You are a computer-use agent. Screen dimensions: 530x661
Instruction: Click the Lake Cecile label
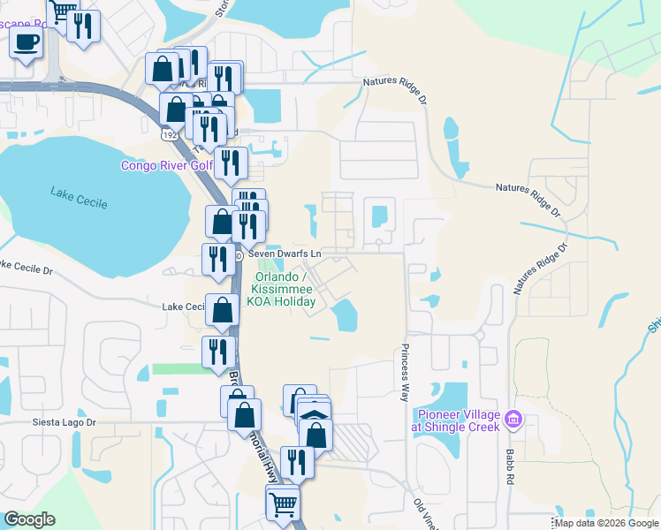(79, 198)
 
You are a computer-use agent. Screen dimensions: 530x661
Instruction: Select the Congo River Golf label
(167, 165)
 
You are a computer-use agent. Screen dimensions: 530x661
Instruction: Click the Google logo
(29, 519)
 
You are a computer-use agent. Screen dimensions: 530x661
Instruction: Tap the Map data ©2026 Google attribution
(606, 523)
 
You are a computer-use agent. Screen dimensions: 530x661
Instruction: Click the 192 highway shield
(167, 136)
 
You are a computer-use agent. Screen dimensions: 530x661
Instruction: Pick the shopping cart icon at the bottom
(283, 504)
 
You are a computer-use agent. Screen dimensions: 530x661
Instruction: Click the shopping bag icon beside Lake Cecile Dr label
(224, 309)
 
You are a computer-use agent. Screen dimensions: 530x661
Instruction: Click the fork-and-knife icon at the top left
(84, 26)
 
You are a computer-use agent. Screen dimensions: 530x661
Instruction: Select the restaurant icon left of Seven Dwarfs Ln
(217, 258)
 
